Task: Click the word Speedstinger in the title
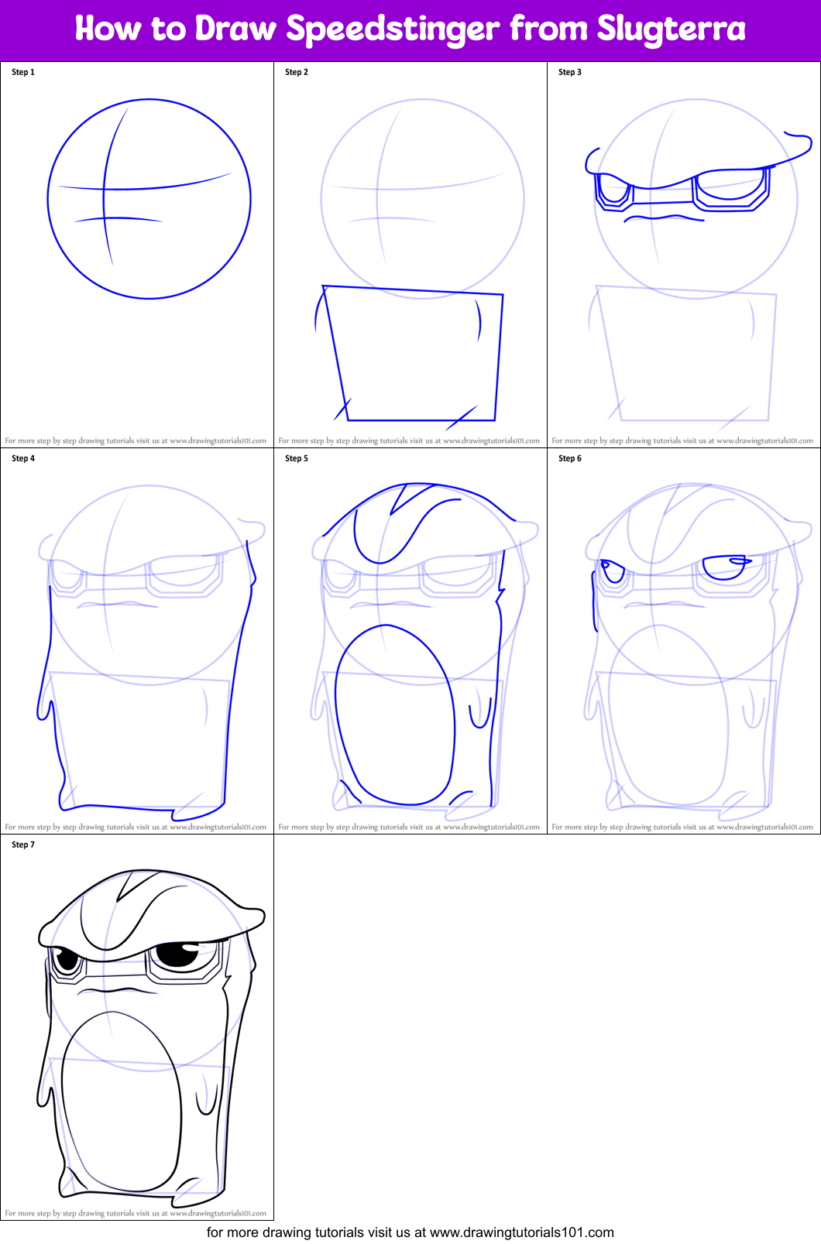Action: pos(393,29)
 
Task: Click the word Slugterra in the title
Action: pos(671,29)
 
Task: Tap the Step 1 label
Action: pos(23,72)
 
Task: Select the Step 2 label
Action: pos(297,72)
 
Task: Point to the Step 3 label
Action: pos(570,72)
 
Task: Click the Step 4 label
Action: pos(23,458)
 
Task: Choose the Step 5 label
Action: pos(297,458)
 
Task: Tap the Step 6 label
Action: pos(570,458)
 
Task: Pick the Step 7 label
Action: pos(23,845)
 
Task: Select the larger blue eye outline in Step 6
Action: pos(725,567)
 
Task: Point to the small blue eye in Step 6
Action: pos(613,571)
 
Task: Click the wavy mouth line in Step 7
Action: pos(116,990)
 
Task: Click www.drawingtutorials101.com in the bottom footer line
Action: pos(521,1232)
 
